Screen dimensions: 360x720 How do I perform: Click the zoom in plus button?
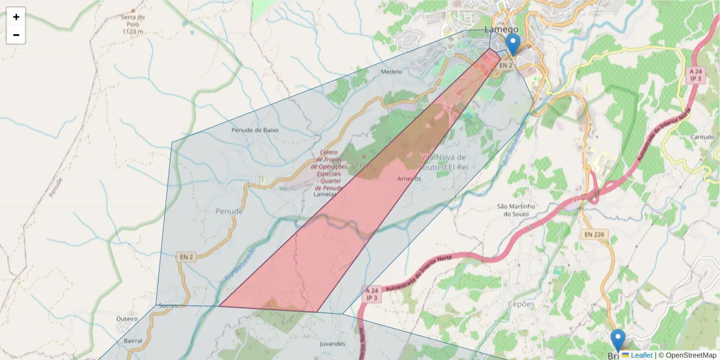[16, 17]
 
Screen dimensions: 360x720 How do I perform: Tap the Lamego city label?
[501, 29]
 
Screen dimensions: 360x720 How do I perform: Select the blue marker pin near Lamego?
[513, 44]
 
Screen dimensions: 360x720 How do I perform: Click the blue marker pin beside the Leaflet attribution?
[617, 340]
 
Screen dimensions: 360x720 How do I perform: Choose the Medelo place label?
[391, 71]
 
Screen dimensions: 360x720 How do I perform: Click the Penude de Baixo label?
[255, 130]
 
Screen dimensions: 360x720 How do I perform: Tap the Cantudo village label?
[703, 137]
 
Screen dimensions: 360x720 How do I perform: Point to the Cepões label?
[521, 304]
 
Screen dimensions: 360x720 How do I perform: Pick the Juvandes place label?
[332, 344]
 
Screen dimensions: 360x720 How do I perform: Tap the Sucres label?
[169, 305]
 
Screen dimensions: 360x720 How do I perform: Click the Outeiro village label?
[127, 319]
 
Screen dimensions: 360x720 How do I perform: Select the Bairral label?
[133, 340]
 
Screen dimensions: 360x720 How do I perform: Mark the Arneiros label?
[409, 179]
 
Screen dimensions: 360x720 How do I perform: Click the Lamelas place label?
[326, 194]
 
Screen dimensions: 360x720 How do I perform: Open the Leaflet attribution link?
[641, 355]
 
